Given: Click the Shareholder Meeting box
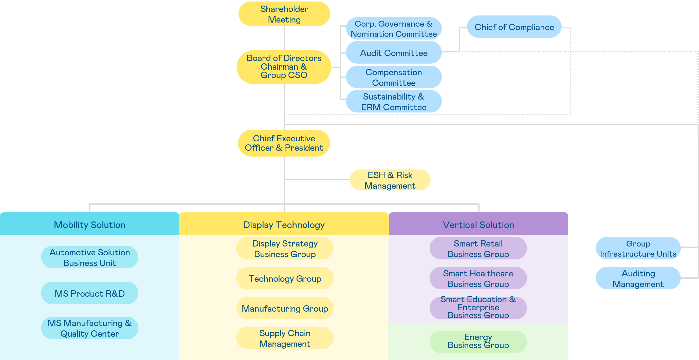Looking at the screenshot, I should coord(284,14).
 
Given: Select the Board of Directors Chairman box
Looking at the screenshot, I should coord(284,67).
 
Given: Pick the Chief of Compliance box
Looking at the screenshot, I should coord(514,27).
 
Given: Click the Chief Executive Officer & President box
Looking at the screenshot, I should coord(284,143).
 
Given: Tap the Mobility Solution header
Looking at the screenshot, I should coord(89,224).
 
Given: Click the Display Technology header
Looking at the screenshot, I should coord(284,224).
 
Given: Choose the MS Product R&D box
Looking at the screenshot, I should coord(89,293).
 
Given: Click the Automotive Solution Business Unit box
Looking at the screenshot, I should coord(89,257).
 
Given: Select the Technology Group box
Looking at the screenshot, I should coord(285,278).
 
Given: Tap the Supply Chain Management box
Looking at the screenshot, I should coord(285,338).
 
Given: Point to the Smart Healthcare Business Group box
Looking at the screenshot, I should coord(478,278).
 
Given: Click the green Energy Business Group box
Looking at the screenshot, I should coord(478,341).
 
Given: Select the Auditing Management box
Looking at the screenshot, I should coord(638,278).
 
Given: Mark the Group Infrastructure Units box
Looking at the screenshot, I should coord(638,249).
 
